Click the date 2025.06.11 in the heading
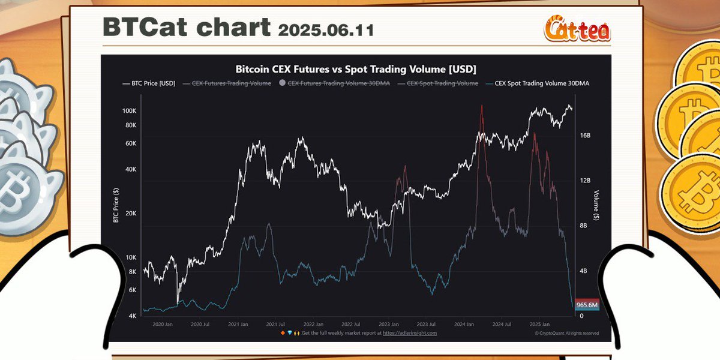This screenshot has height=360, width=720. coord(326,29)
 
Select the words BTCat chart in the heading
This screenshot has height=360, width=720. coord(187,28)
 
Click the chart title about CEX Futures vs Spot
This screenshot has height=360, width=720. coord(356,68)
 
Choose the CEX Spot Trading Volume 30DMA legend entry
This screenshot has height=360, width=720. coord(539,83)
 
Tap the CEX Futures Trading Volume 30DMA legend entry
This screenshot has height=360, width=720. coord(339,83)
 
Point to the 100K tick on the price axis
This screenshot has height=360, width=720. coord(129,111)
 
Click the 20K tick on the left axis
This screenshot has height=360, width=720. coord(131,213)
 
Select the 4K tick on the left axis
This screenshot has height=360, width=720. coord(133,316)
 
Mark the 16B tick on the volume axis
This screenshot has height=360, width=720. coord(585,136)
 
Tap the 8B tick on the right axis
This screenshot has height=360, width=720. coord(583,226)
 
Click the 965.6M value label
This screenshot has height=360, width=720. coord(587,305)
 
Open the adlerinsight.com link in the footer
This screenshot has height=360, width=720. coord(410,332)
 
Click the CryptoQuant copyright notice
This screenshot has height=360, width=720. coord(566,333)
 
